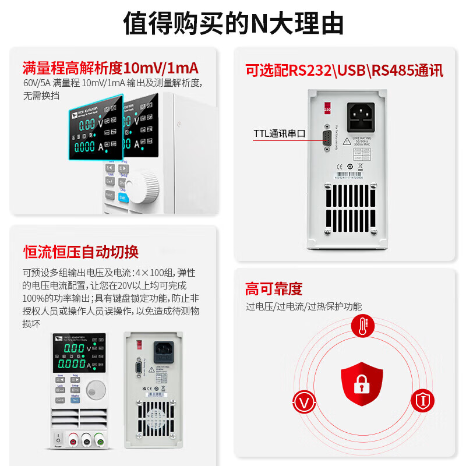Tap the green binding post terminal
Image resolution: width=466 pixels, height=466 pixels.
[x=100, y=440]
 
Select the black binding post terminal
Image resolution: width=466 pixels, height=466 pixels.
[x=86, y=440]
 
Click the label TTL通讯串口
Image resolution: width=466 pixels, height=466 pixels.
[x=280, y=133]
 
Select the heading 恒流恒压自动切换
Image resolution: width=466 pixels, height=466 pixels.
[x=80, y=252]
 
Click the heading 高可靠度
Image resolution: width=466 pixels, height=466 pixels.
[x=273, y=289]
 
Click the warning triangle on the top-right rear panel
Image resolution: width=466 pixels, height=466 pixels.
[x=347, y=141]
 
